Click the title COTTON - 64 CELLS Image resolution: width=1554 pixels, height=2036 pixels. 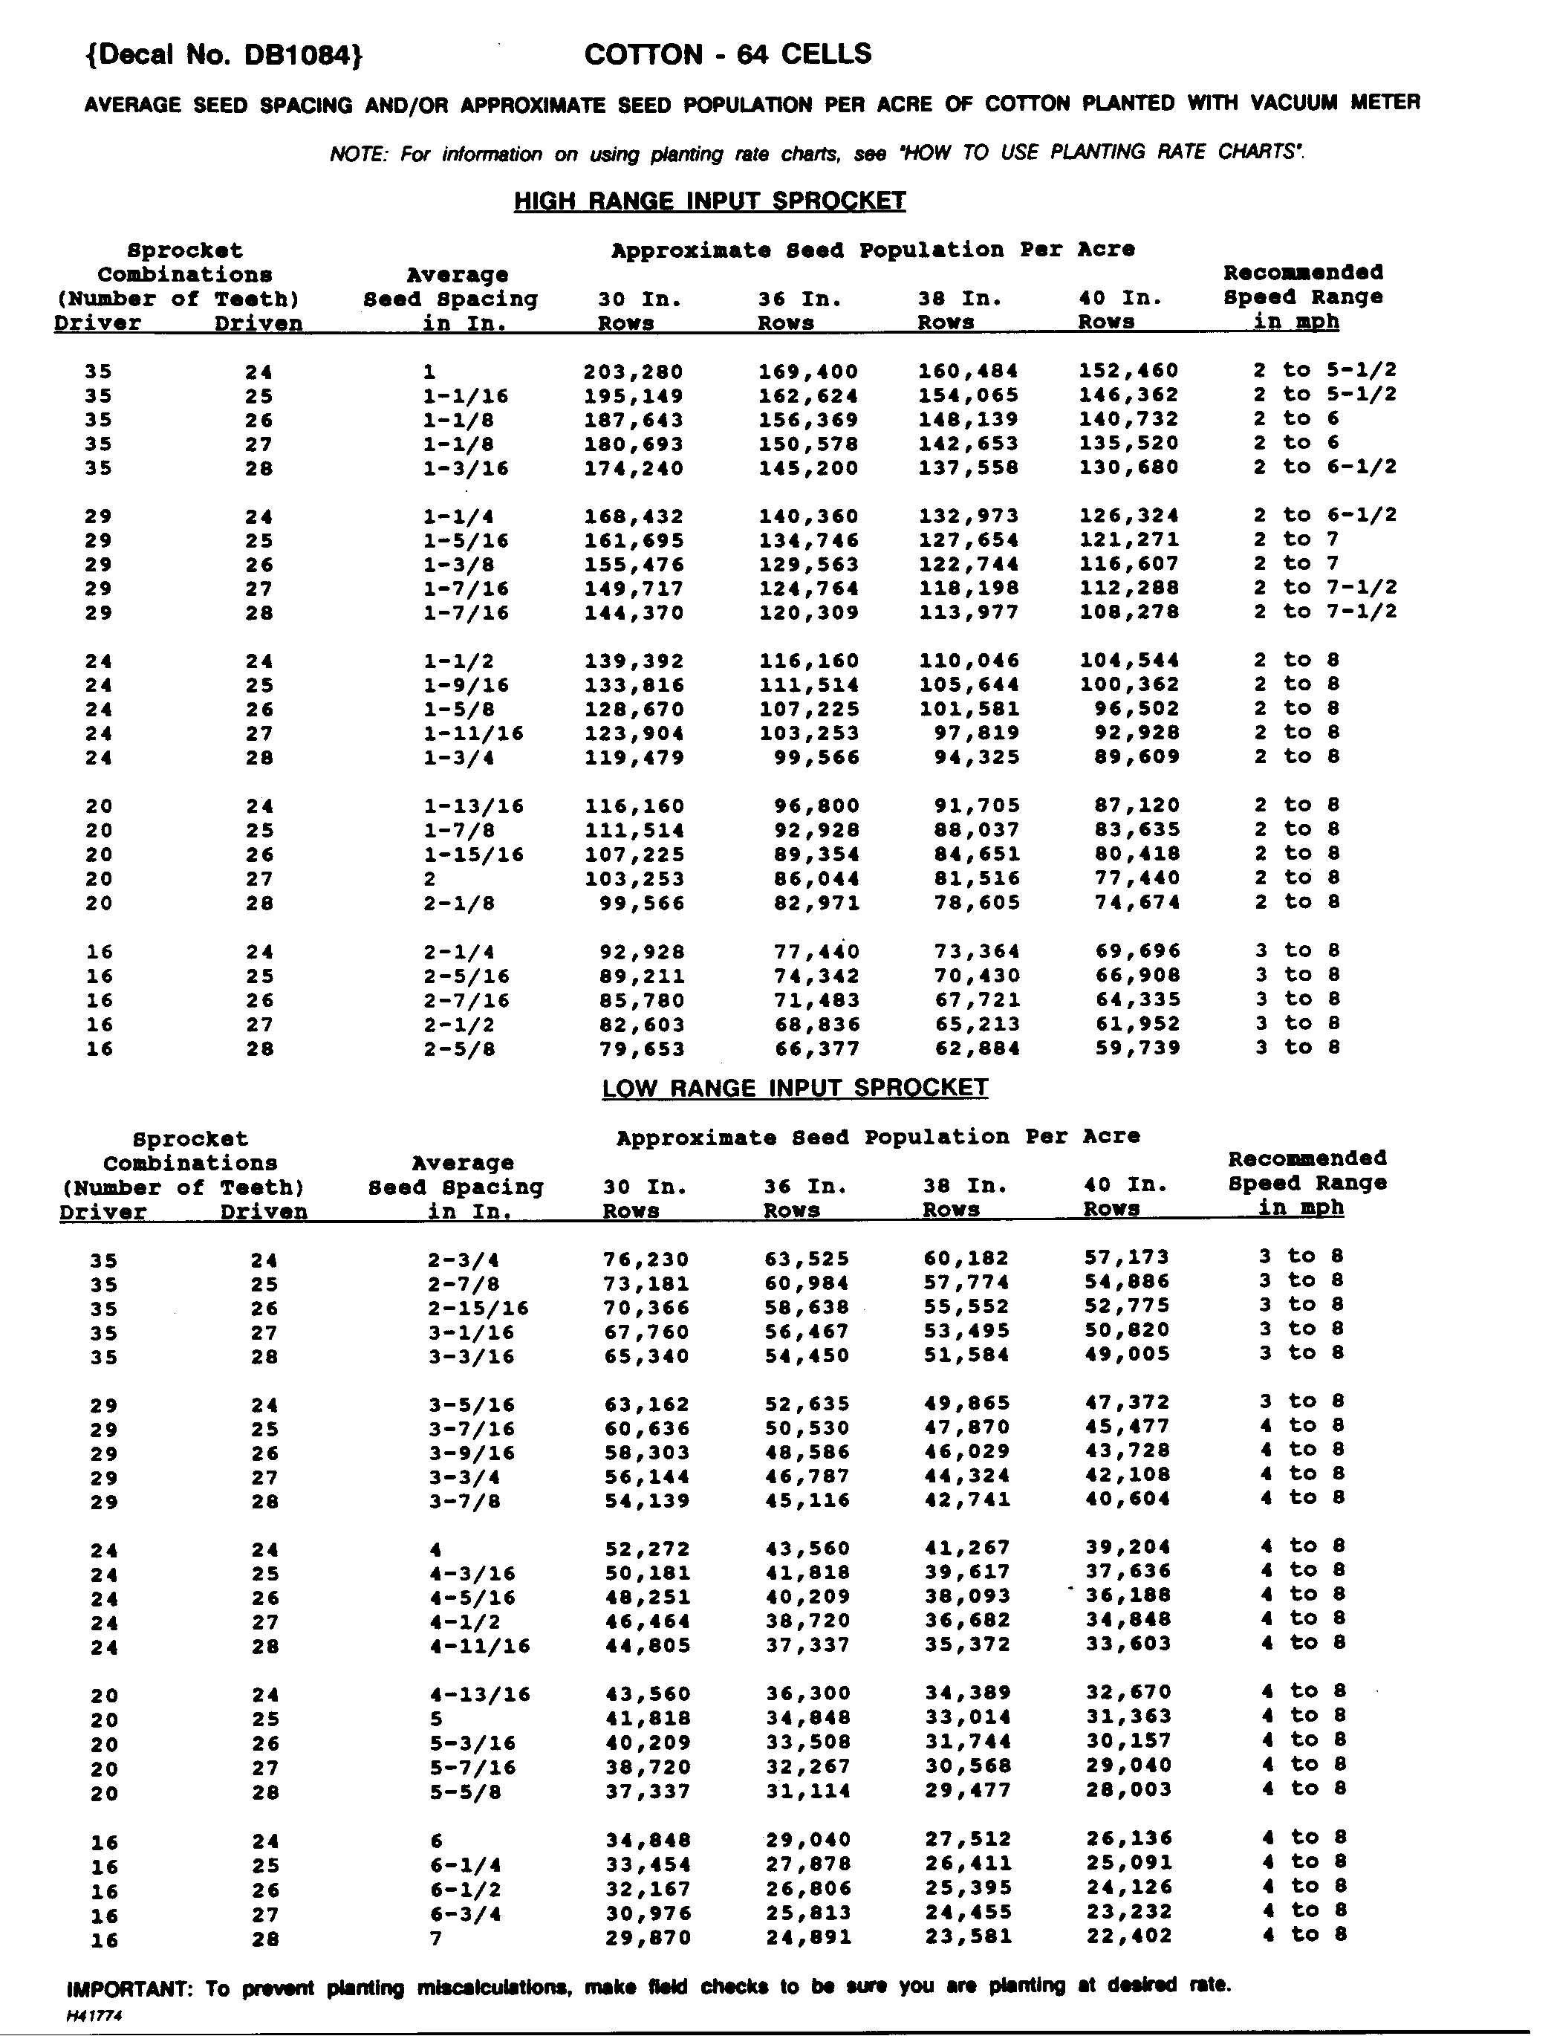(x=728, y=54)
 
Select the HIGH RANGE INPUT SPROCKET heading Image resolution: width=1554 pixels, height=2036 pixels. (x=709, y=201)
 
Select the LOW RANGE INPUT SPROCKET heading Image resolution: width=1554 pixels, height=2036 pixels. (x=795, y=1088)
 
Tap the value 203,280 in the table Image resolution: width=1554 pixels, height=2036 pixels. (x=634, y=372)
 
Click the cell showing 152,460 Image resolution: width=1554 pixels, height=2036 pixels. (x=1128, y=371)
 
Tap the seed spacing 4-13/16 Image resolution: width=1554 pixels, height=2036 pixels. (x=480, y=1695)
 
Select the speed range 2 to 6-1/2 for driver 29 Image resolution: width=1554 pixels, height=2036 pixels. (x=1324, y=515)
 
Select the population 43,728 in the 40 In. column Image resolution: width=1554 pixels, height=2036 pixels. (x=1128, y=1451)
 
